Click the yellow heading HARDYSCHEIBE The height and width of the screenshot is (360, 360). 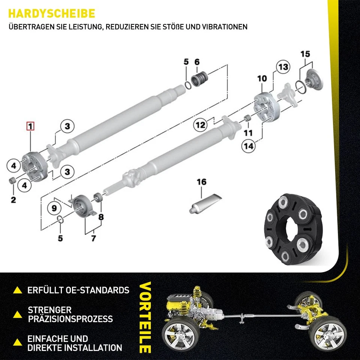pos(51,13)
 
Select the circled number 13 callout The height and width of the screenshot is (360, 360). pos(283,67)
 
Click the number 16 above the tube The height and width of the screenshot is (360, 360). pos(202,182)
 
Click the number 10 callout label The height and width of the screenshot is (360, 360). pos(262,78)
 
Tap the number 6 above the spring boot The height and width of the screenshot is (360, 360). pos(197,61)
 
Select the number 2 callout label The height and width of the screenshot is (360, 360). pos(13,200)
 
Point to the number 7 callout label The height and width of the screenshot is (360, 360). pos(93,238)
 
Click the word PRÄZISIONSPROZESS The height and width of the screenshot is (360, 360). pos(70,319)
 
